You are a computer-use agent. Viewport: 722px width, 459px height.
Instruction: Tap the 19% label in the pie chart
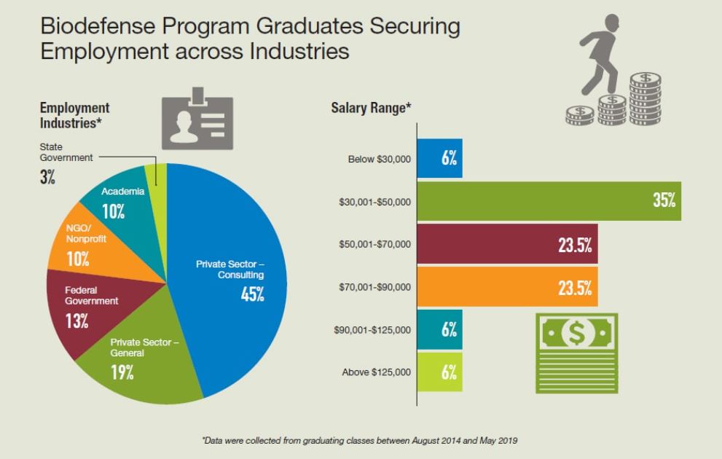point(122,372)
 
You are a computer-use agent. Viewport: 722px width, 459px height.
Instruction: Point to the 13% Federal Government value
point(76,321)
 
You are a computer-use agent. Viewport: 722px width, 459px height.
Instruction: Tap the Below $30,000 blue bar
point(439,158)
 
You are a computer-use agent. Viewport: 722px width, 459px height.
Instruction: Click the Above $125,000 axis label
point(376,372)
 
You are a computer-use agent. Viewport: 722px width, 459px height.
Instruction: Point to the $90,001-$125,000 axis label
point(372,330)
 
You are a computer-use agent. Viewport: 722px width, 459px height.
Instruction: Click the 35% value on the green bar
point(664,200)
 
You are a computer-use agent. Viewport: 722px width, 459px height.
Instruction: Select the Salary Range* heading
point(371,108)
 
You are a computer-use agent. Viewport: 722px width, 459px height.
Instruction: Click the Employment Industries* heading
point(74,115)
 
